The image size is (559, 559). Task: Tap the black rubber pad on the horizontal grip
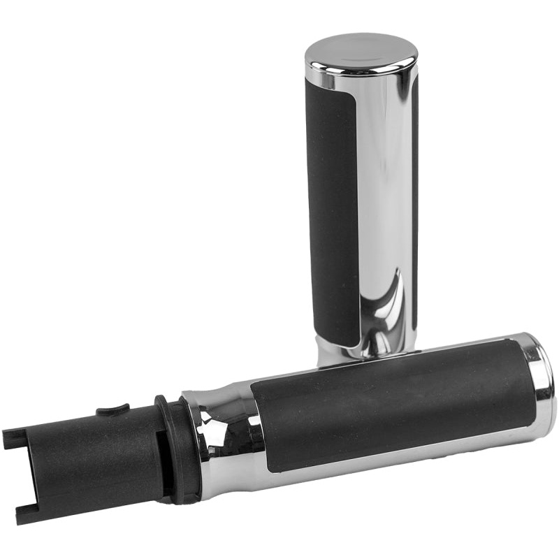pos(391,405)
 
